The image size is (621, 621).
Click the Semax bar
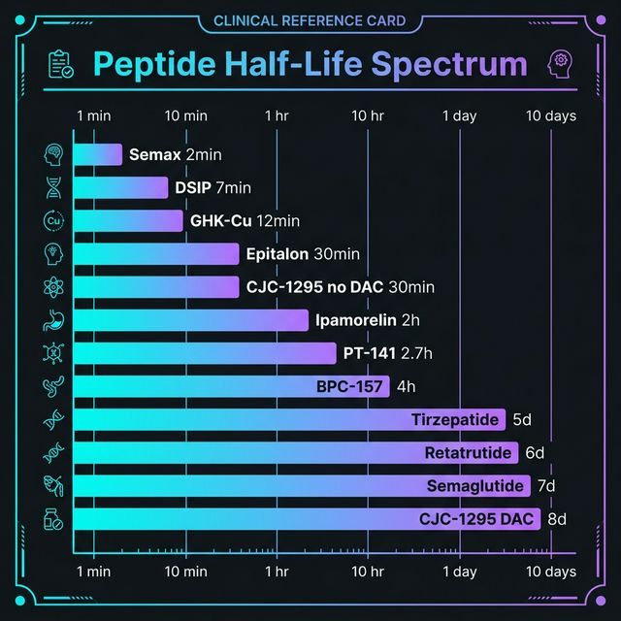click(97, 155)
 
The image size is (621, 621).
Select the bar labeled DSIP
click(120, 187)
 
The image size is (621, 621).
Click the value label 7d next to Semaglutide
click(545, 485)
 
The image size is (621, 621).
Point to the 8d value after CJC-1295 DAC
click(557, 518)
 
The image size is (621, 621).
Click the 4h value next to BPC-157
click(406, 386)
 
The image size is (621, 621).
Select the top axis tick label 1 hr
click(277, 115)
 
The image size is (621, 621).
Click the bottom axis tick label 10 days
click(550, 572)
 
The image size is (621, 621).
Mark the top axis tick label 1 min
click(93, 115)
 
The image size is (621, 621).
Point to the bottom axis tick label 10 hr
click(368, 572)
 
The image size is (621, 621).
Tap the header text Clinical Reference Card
click(310, 21)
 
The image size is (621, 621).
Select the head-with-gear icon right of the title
click(559, 63)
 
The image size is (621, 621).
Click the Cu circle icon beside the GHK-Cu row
click(53, 220)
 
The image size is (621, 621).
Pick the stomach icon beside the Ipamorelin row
click(53, 320)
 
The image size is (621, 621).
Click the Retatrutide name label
click(468, 452)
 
